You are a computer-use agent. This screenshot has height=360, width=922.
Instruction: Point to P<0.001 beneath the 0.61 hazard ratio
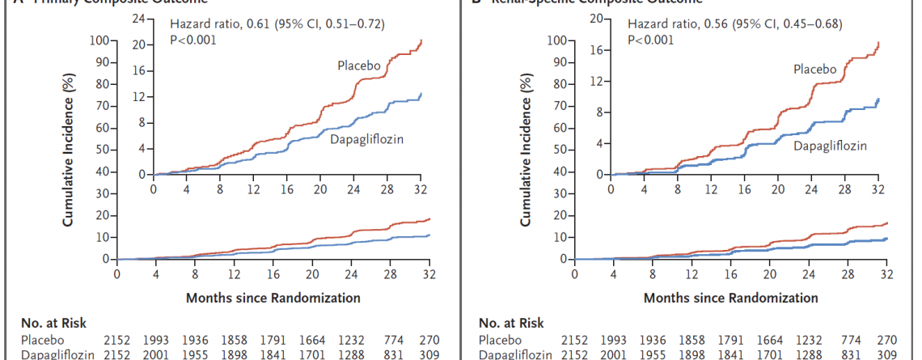tap(193, 40)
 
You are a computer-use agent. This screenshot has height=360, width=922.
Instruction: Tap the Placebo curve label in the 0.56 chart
tap(814, 70)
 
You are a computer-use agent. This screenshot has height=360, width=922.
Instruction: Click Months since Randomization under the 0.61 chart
tap(273, 298)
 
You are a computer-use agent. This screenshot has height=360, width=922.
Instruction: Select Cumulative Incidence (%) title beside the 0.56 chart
tap(527, 149)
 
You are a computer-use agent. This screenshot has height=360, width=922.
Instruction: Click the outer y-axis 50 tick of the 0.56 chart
tap(557, 150)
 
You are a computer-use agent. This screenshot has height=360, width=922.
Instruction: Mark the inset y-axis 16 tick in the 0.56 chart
tap(597, 49)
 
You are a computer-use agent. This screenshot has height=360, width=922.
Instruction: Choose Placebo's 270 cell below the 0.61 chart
tap(429, 340)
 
